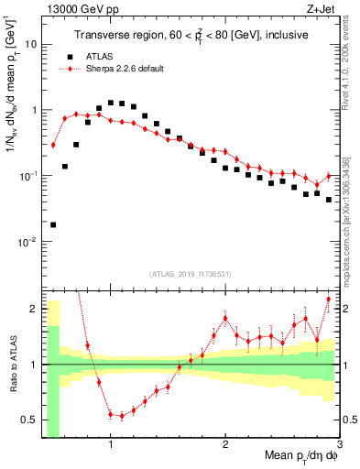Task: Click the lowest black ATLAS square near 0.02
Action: point(53,224)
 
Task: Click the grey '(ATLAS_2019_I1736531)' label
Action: point(191,274)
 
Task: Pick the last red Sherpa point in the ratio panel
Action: point(329,300)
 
